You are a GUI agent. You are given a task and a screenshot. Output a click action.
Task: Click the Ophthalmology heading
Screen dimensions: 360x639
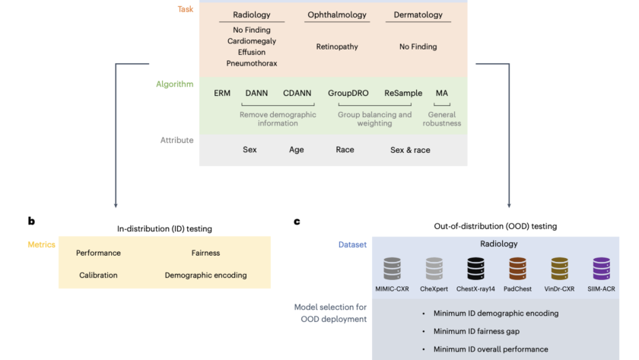(337, 15)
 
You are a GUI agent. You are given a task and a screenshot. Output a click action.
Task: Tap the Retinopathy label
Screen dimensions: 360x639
(336, 46)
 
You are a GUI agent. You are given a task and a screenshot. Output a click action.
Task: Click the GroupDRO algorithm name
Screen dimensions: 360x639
(348, 93)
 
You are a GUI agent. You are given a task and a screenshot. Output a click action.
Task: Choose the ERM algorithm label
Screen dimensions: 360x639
(222, 93)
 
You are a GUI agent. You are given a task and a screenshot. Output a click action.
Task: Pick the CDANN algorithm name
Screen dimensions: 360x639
(297, 93)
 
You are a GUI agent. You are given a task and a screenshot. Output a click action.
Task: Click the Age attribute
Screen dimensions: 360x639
(297, 150)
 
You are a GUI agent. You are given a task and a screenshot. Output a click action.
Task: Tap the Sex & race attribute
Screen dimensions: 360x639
(410, 150)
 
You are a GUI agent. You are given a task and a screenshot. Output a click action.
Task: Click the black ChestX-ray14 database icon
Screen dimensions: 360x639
(475, 269)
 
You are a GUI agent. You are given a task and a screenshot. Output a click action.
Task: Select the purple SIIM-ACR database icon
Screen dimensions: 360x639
(601, 269)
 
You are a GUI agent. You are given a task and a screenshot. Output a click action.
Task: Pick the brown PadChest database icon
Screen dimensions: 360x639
(518, 269)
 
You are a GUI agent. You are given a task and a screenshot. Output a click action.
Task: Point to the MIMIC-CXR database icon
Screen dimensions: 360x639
(392, 269)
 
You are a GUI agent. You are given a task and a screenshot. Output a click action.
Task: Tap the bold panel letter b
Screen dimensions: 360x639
(31, 221)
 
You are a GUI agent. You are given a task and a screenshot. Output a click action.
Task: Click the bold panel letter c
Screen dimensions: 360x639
(297, 221)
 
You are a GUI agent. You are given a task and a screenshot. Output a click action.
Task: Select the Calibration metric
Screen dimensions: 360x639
(98, 276)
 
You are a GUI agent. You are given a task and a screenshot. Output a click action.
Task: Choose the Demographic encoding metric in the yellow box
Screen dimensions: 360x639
(205, 276)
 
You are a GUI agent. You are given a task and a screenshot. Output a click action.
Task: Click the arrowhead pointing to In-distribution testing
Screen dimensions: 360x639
(116, 204)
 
